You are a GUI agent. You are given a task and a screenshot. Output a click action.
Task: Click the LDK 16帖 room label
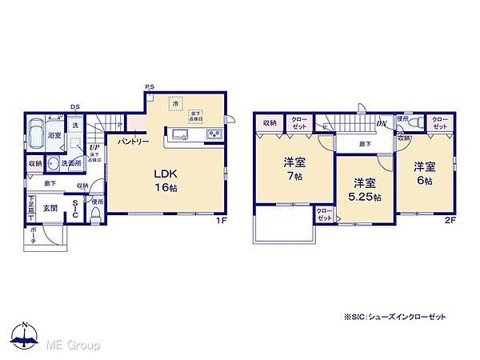click(165, 179)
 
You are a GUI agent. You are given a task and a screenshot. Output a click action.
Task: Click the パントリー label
click(132, 141)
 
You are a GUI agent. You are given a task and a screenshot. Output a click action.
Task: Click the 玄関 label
click(50, 207)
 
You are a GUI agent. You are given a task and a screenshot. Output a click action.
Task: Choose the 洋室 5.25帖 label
click(364, 189)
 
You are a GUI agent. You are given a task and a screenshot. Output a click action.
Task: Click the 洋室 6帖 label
click(424, 173)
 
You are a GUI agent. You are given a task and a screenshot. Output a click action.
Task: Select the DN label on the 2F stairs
click(383, 124)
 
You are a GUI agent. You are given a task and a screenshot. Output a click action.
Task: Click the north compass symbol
click(26, 338)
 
